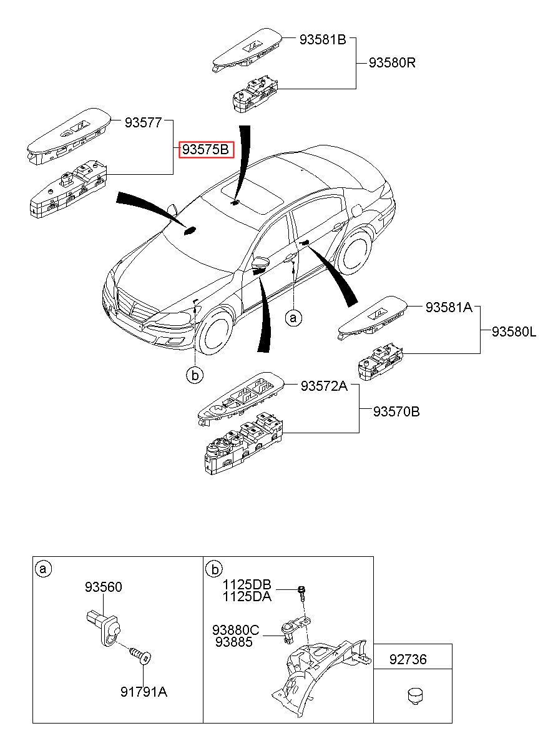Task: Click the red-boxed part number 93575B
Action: point(207,150)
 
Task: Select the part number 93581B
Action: point(322,39)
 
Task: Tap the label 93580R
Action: point(392,63)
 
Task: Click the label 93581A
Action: point(449,307)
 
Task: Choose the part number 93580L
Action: point(513,332)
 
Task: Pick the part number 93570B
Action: point(396,411)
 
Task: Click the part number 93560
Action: point(104,587)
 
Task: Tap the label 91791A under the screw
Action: point(144,692)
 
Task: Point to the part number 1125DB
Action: point(247,585)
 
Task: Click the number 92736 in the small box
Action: point(408,659)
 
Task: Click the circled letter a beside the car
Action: point(293,318)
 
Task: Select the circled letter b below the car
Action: point(195,375)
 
